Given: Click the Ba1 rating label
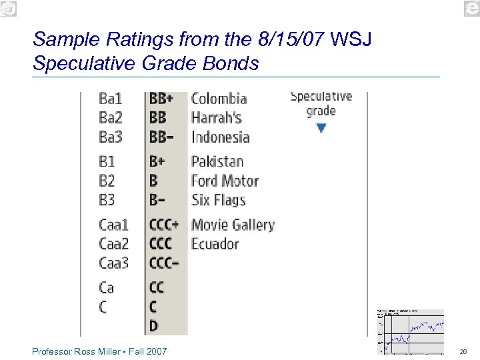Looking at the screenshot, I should coord(111,99).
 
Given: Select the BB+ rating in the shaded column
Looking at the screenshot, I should coord(161,99).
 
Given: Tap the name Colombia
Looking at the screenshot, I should coord(219,99).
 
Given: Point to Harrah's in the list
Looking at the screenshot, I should coord(216,118).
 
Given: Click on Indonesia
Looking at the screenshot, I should coord(220,137).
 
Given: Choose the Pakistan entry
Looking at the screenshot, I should coord(217,161).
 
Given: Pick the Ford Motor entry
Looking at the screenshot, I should coord(225,181).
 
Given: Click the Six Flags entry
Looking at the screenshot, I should coord(219,200).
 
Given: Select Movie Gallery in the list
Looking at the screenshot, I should coord(233,225).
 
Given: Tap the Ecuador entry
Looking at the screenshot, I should coord(215,244).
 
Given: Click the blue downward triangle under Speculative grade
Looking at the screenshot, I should coord(321,127).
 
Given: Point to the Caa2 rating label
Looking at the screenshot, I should coord(114,244).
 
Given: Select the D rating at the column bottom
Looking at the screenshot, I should coord(153,326).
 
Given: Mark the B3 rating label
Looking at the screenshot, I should coord(107,200).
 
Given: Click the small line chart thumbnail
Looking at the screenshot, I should coord(410,331).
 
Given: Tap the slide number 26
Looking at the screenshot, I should coord(463,351).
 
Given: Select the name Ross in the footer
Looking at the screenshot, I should coord(83,351).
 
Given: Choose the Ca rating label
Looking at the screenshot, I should coord(107,287).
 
